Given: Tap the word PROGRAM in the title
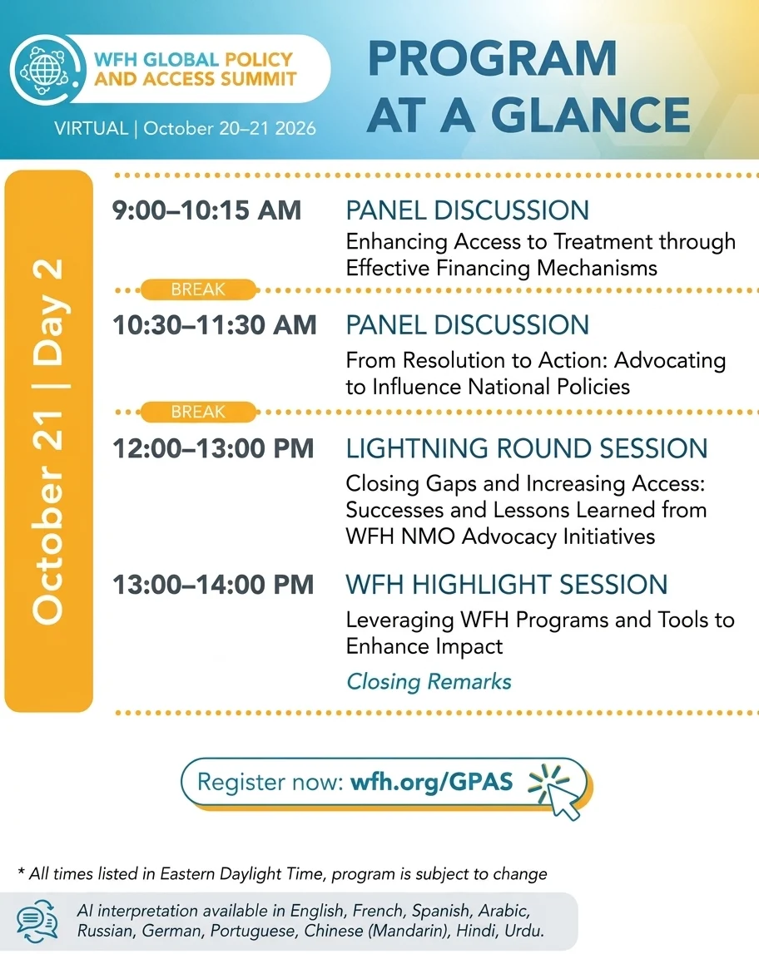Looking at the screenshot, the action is (493, 59).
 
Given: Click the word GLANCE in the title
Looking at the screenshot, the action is (590, 115).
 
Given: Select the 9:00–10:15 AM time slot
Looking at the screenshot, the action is (207, 210).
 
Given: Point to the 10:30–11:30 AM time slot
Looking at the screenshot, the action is (215, 325).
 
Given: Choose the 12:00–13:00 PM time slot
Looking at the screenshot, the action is (214, 448).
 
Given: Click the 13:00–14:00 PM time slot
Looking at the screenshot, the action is (214, 585).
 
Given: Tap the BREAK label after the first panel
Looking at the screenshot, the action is (198, 289).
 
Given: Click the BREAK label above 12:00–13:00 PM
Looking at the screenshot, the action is (198, 412).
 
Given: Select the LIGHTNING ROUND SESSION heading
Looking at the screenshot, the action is (527, 448).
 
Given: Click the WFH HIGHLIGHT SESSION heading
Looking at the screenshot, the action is (506, 585).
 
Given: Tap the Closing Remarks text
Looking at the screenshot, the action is (429, 681).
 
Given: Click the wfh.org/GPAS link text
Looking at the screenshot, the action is (432, 782).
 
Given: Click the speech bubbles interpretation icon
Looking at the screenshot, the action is (37, 921).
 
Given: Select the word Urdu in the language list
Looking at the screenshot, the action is (524, 931).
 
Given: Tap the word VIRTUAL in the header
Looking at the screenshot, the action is (92, 128).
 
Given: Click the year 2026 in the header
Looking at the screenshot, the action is (295, 128).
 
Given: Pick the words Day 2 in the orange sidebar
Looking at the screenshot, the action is (48, 312).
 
